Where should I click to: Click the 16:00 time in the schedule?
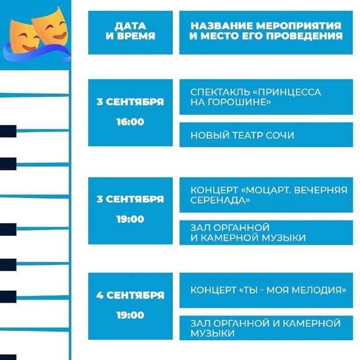[x=130, y=122]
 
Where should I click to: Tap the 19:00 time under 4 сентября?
[x=130, y=315]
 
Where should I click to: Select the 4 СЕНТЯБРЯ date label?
[x=130, y=295]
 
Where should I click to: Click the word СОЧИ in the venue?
[x=280, y=135]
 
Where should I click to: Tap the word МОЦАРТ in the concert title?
[x=267, y=190]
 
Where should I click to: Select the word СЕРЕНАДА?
[x=220, y=200]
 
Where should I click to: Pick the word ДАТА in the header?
[x=130, y=26]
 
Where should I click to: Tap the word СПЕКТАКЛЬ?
[x=220, y=92]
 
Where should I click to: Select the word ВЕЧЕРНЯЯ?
[x=321, y=190]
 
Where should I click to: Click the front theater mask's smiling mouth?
[x=29, y=48]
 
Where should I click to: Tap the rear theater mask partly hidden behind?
[x=52, y=27]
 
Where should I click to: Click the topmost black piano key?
[x=8, y=131]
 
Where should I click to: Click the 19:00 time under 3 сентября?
[x=130, y=219]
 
